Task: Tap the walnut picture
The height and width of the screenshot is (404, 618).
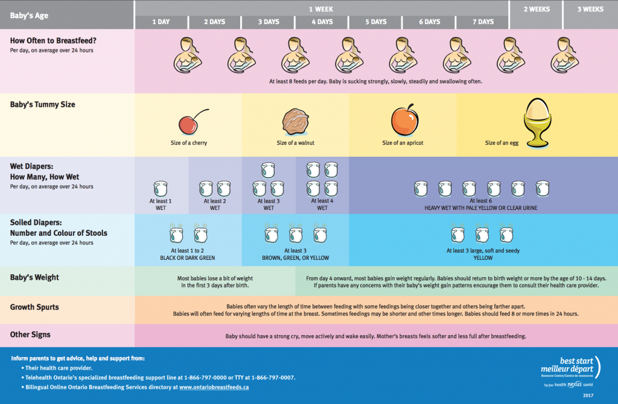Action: [295, 121]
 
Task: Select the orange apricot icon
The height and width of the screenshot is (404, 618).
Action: [403, 120]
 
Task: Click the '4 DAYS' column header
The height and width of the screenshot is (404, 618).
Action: [322, 22]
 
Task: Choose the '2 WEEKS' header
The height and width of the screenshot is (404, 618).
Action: [536, 10]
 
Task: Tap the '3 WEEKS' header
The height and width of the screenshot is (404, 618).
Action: [590, 10]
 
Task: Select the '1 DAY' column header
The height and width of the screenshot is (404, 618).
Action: [161, 22]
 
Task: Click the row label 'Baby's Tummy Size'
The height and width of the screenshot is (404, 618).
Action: [42, 104]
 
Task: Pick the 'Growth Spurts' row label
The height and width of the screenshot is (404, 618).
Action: [34, 307]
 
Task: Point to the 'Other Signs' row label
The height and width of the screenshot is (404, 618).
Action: [30, 334]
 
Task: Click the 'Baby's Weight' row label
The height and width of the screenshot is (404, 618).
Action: [34, 278]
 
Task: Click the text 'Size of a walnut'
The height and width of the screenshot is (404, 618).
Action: [296, 143]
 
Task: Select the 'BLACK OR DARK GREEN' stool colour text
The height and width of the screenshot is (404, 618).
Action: [187, 257]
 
